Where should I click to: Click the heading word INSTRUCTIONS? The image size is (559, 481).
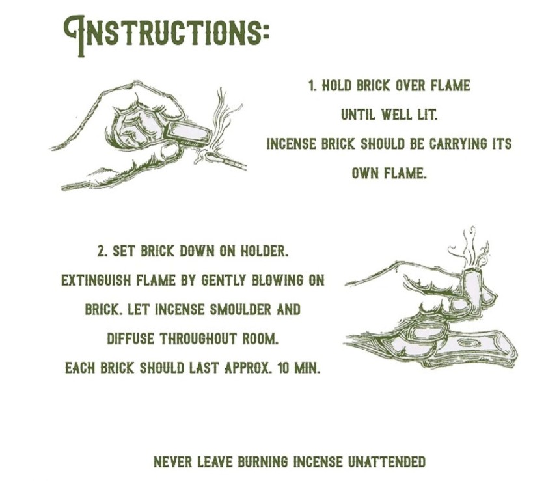pos(166,35)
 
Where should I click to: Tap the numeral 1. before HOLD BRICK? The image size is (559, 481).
pos(312,86)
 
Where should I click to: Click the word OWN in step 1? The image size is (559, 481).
pos(364,173)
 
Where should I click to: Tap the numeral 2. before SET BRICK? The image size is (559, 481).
pos(103,251)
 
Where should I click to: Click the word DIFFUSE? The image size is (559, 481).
pos(130,338)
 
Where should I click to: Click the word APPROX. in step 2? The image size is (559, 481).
pos(248,368)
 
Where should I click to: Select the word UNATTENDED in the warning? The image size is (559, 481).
pos(387,462)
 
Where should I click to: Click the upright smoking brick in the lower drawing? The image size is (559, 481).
pos(474,290)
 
